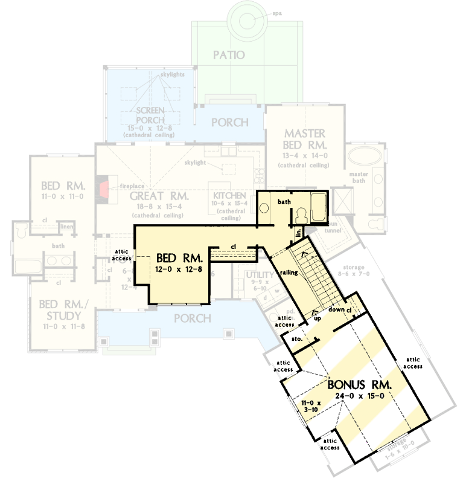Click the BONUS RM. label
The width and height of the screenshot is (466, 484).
(360, 384)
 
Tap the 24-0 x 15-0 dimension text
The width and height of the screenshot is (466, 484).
(360, 396)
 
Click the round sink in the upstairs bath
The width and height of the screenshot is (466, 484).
(263, 207)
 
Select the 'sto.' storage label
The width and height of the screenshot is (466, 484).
(297, 340)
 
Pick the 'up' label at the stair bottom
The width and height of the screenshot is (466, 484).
(317, 318)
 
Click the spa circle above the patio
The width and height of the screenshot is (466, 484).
(246, 20)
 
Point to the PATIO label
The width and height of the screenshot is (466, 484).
(229, 55)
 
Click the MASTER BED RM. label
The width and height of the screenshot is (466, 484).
(305, 139)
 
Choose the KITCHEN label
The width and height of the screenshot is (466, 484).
(229, 196)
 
